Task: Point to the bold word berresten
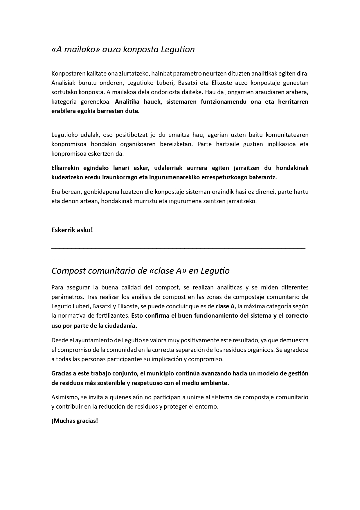point(115,111)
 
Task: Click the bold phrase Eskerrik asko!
point(72,230)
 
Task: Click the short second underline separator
point(75,257)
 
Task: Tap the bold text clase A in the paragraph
point(225,306)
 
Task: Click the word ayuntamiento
point(91,340)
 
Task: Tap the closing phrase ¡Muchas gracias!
point(75,421)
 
